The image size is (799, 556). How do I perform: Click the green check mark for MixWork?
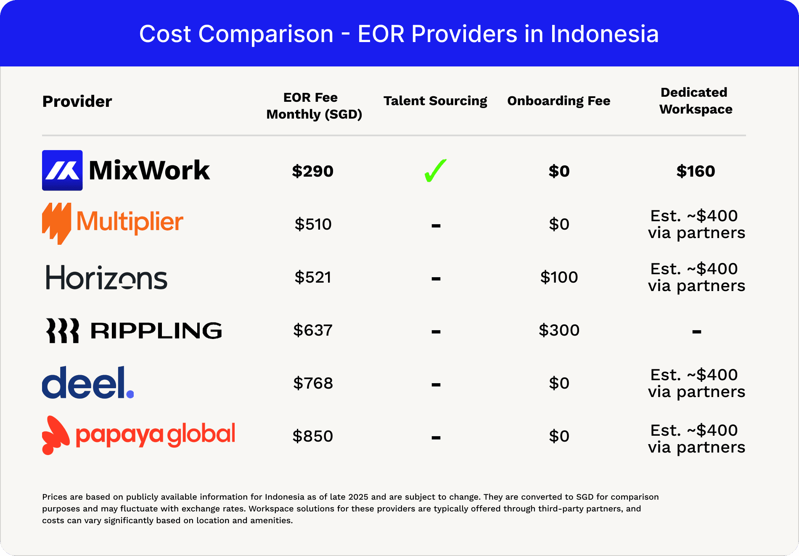(435, 171)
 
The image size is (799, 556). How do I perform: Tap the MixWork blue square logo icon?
(62, 170)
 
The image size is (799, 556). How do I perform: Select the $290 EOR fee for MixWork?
(312, 171)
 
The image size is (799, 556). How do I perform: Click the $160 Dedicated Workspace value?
(696, 171)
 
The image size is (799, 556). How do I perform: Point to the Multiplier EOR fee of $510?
(313, 224)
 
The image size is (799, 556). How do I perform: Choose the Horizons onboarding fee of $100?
(559, 277)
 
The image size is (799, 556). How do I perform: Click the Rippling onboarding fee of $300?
(559, 330)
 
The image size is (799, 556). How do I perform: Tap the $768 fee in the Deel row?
(313, 383)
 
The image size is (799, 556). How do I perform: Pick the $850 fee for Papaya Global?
(313, 436)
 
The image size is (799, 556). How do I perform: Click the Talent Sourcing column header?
(435, 101)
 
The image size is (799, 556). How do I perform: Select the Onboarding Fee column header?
(558, 101)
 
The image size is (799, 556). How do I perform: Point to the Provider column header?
(77, 101)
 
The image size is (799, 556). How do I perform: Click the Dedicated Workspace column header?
(696, 101)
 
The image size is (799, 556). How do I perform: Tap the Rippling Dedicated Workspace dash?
(696, 332)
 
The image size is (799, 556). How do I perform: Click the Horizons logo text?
(106, 278)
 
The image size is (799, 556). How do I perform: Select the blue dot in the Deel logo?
(130, 394)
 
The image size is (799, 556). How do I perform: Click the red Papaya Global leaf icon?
(55, 435)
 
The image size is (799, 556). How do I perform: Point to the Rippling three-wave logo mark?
(62, 331)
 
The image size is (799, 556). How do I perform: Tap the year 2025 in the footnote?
(358, 497)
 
